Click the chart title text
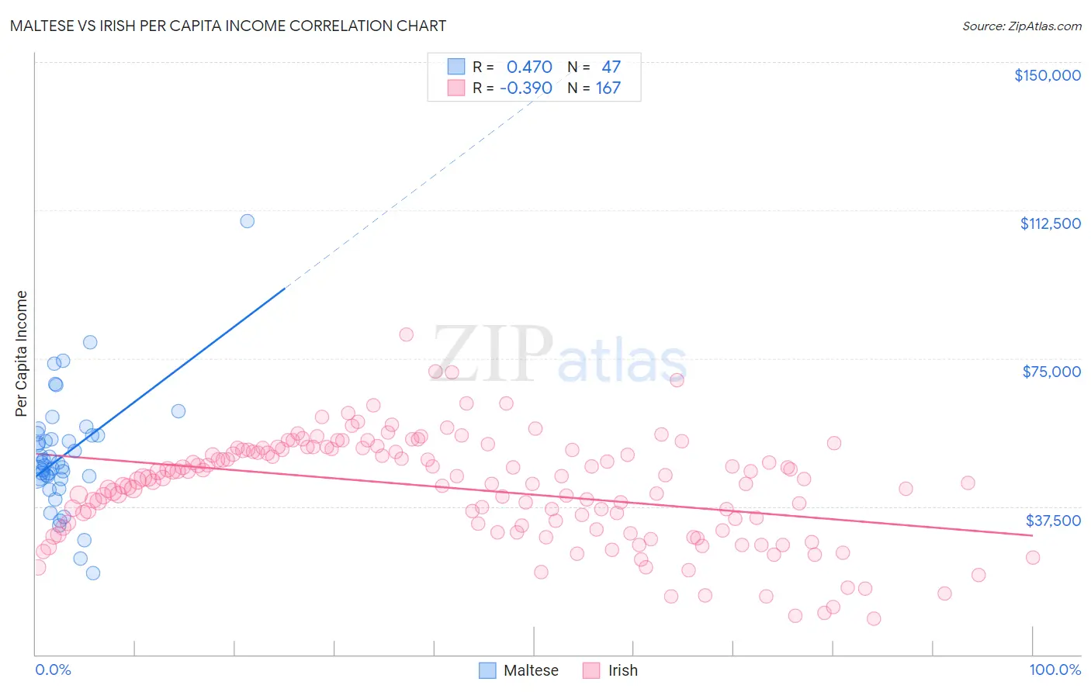click(x=228, y=26)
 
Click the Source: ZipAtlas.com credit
click(x=1021, y=26)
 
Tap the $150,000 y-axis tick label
click(x=1047, y=75)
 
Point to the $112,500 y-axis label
click(x=1050, y=223)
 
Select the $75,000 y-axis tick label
click(x=1051, y=372)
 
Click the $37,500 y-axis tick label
click(x=1053, y=521)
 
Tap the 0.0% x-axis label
click(x=53, y=670)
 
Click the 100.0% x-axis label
click(x=1055, y=670)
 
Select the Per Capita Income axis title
click(x=22, y=353)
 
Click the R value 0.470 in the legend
click(x=529, y=67)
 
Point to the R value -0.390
click(x=526, y=88)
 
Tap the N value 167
click(x=608, y=88)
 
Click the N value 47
click(x=611, y=67)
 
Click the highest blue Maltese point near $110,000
click(x=247, y=221)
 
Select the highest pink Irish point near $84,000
click(x=406, y=334)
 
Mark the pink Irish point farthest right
click(x=1032, y=557)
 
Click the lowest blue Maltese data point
click(x=92, y=573)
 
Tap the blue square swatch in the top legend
click(x=456, y=67)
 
